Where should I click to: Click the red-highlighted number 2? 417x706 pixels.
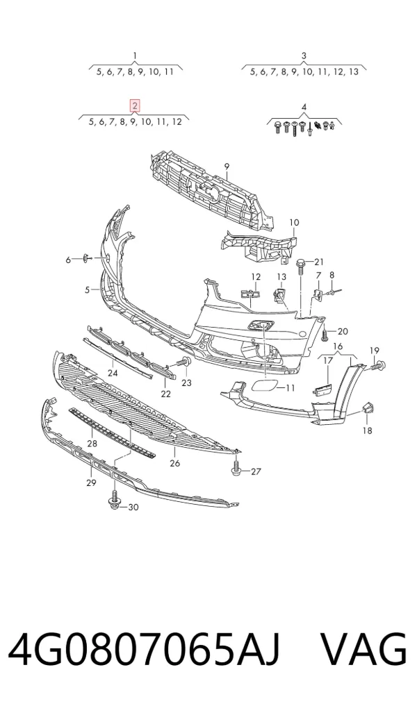134,106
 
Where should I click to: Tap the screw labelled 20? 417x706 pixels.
325,333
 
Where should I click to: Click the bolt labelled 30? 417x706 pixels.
114,502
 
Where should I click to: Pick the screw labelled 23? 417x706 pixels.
183,362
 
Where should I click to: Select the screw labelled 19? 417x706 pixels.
378,366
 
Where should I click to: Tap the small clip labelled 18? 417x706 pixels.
368,408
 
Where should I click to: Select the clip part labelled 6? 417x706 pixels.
85,258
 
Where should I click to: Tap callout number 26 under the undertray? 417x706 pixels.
175,463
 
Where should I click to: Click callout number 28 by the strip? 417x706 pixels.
92,444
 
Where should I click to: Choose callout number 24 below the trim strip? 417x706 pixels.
113,373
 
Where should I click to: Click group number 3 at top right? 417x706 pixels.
304,56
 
